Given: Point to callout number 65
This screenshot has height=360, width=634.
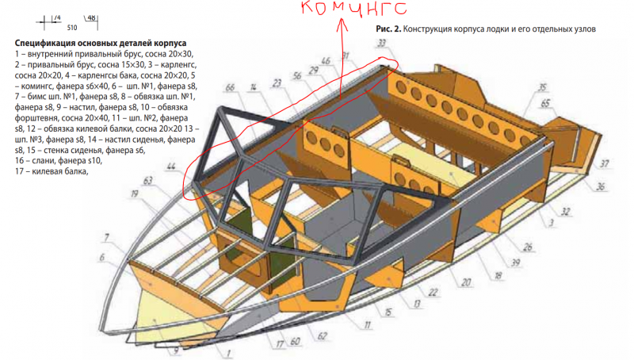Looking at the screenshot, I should coord(545,104).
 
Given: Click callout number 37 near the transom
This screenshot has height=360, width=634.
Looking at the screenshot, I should coord(605,165).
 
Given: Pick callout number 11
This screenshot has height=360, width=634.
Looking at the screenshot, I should coord(368,324).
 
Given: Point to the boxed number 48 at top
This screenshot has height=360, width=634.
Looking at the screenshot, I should coord(90,17).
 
